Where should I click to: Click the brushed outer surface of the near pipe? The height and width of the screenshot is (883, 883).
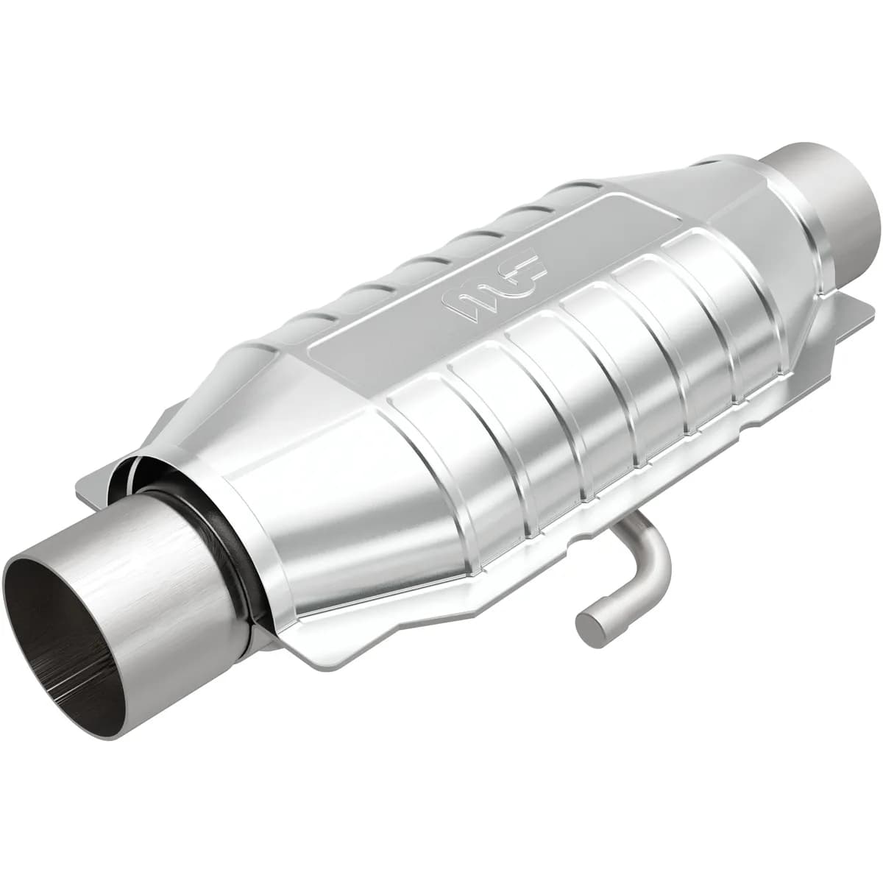pos(169,559)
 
